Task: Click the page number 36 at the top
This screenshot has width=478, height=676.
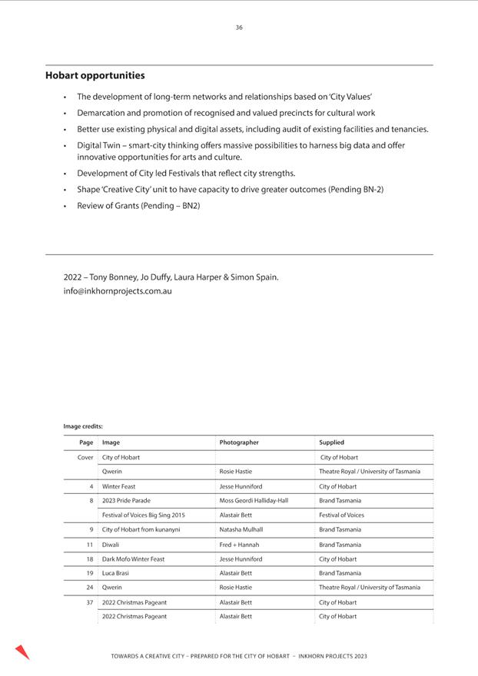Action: click(x=239, y=28)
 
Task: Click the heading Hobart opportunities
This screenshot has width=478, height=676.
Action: click(x=95, y=75)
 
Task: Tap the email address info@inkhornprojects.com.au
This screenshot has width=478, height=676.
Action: click(x=118, y=291)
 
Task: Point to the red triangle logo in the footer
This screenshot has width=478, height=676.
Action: click(x=22, y=652)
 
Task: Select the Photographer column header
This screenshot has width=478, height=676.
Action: click(x=239, y=442)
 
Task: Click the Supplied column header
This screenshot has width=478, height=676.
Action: click(x=332, y=442)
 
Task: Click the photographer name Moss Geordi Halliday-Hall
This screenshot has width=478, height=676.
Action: click(x=254, y=500)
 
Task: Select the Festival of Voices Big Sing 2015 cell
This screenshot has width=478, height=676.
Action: click(x=143, y=515)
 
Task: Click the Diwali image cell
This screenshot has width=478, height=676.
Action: click(x=111, y=545)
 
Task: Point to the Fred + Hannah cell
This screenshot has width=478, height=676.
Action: click(x=239, y=545)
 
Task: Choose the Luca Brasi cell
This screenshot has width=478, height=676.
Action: click(x=115, y=573)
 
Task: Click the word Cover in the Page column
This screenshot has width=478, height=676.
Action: click(x=85, y=457)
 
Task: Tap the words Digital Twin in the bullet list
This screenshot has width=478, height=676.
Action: click(x=98, y=145)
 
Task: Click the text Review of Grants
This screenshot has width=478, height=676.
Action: click(x=108, y=206)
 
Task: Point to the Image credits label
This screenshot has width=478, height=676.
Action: click(x=83, y=426)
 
